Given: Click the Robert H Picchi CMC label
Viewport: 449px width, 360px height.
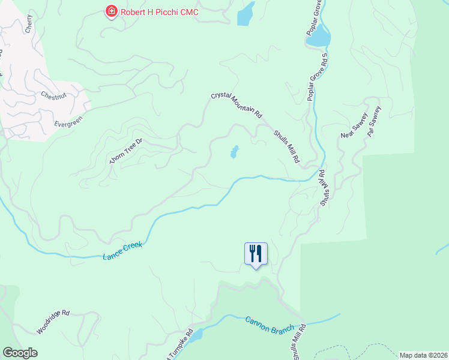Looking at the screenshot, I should [x=159, y=11].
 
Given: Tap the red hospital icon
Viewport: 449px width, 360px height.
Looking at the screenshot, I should [x=111, y=11].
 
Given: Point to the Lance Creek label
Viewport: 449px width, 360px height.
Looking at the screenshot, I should [x=122, y=251].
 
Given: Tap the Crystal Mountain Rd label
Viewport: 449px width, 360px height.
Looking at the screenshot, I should [x=237, y=105].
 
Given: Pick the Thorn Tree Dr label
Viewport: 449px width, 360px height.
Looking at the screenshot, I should [x=125, y=150].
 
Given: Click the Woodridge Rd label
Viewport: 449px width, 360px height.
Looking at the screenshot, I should [x=53, y=322].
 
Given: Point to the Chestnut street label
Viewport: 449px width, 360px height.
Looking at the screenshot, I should [x=56, y=96].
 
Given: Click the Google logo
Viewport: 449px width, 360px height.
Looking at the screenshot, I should [x=20, y=353].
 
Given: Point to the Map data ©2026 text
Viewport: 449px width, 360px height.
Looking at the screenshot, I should [x=423, y=355].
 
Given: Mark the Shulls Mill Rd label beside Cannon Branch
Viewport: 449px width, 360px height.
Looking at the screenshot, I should [x=298, y=343].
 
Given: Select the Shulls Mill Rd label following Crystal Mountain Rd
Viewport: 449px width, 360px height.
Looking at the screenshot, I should [x=286, y=148].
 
